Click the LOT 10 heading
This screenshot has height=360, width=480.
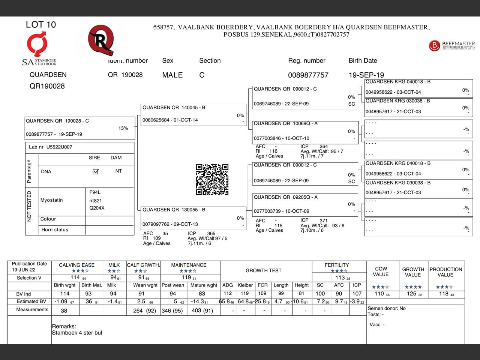point(41,25)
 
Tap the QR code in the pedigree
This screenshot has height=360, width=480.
point(212,180)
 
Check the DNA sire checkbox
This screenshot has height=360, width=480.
point(96,172)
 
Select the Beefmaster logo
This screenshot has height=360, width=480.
point(451,45)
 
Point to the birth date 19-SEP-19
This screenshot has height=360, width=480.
point(366,75)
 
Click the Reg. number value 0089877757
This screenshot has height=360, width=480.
point(308,75)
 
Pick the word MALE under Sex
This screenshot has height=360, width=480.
point(172,75)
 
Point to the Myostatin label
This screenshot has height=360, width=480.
point(52,200)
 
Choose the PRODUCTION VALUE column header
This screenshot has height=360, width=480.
point(445,272)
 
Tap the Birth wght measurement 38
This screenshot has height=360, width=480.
point(64,310)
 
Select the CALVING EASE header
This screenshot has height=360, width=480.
point(77,265)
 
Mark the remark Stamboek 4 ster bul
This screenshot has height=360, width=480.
point(77,333)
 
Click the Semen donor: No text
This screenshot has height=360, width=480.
point(386,308)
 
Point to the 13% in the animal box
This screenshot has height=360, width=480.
point(123,128)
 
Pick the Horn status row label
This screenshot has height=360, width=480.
point(55,230)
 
